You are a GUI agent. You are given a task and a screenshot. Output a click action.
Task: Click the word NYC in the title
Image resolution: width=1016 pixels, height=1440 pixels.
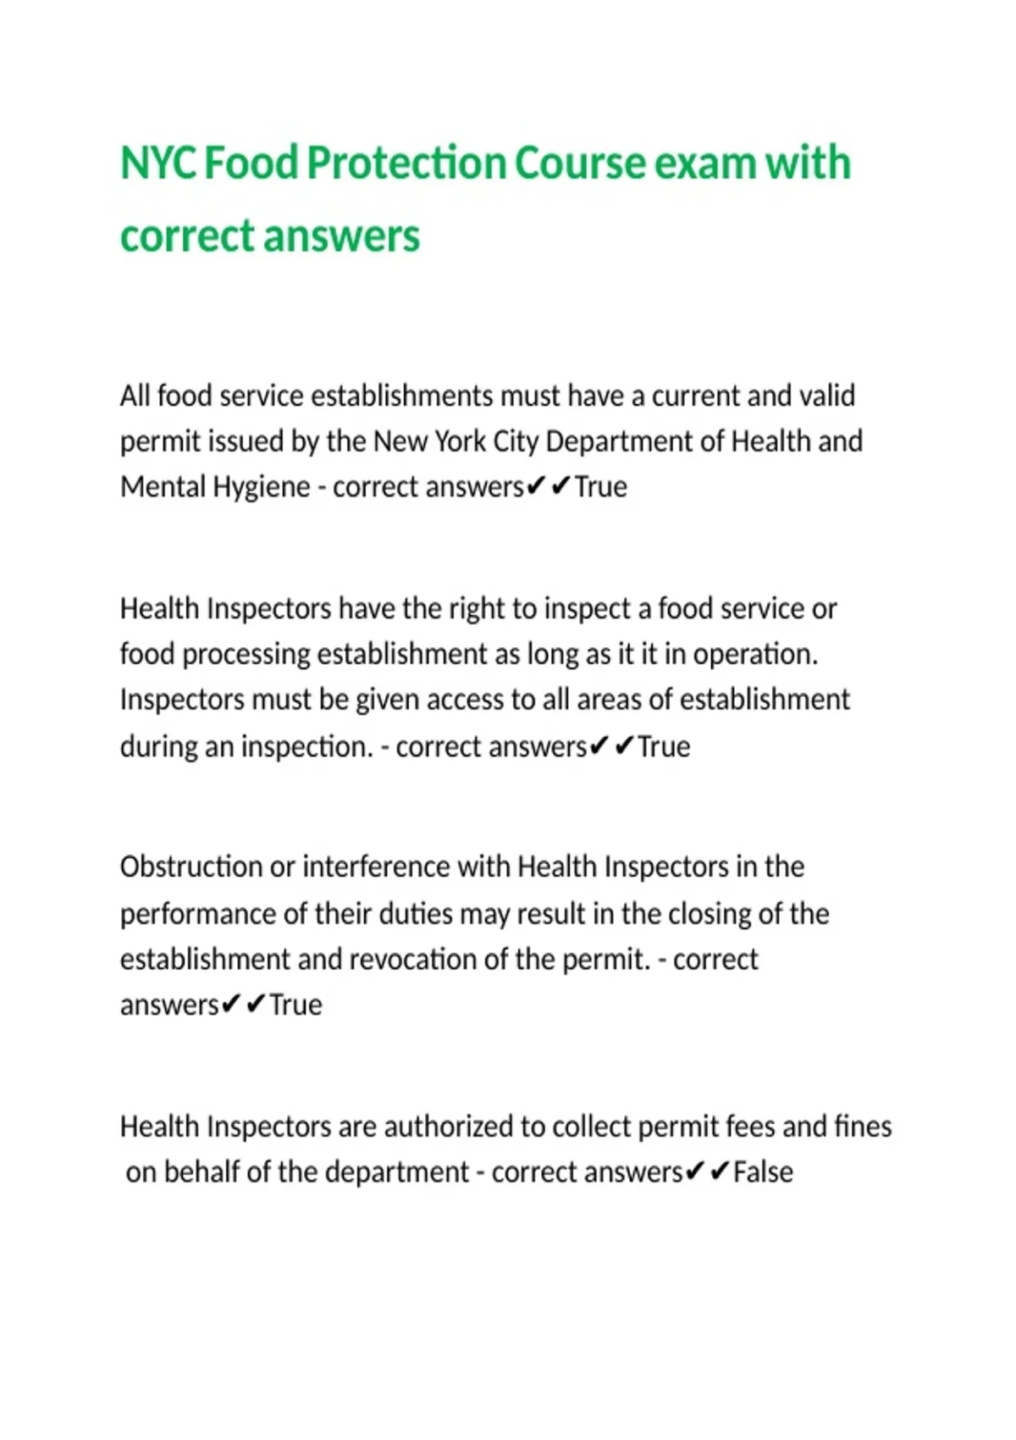click(158, 163)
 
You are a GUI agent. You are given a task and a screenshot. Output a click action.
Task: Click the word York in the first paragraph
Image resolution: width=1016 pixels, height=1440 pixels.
click(461, 441)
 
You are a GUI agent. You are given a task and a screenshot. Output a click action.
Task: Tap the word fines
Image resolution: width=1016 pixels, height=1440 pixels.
click(863, 1127)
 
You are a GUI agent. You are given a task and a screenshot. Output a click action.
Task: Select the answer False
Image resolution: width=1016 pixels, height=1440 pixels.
click(763, 1172)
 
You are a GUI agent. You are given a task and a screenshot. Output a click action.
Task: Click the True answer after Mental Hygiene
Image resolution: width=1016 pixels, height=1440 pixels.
click(601, 487)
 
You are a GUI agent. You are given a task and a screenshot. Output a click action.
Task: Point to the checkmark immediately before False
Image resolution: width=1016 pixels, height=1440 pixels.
click(720, 1172)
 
